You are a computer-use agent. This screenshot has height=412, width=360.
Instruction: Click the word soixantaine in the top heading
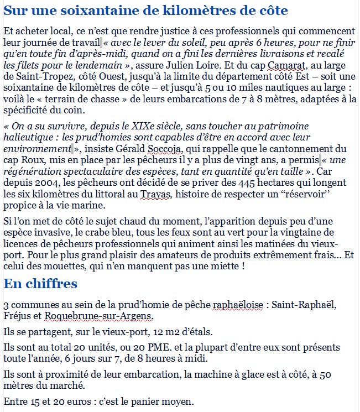pyautogui.click(x=92, y=11)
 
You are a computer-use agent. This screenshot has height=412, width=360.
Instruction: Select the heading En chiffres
pyautogui.click(x=40, y=284)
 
